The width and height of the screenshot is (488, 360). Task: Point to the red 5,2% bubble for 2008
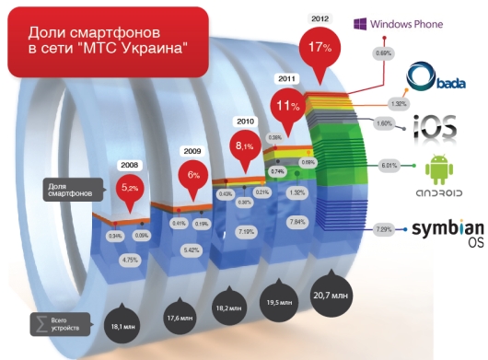coord(131,190)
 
